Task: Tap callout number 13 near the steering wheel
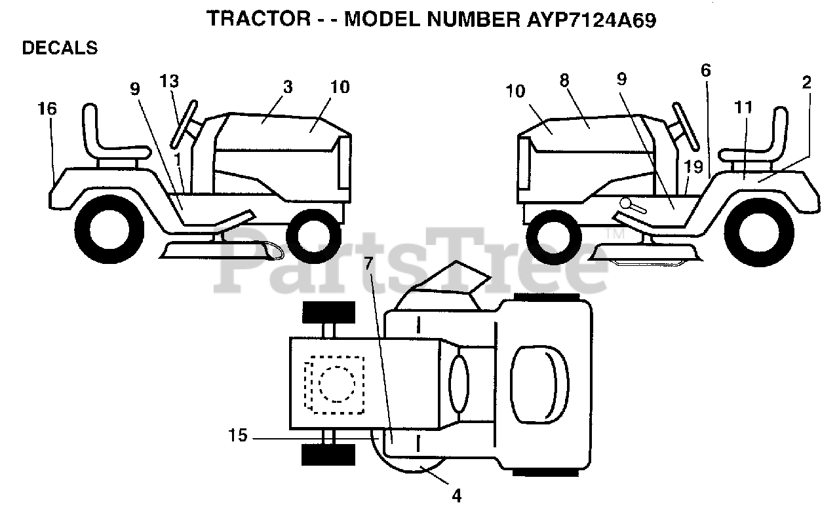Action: [x=169, y=81]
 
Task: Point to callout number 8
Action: [x=564, y=80]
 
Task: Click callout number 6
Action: [x=705, y=71]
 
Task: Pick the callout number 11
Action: [x=743, y=107]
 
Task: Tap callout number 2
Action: [x=806, y=83]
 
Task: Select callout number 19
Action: [x=693, y=166]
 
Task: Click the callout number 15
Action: [x=238, y=436]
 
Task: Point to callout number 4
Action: [x=457, y=496]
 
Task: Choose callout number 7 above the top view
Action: [x=369, y=265]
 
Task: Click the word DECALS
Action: [x=60, y=48]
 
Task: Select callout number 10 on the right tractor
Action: [x=516, y=90]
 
